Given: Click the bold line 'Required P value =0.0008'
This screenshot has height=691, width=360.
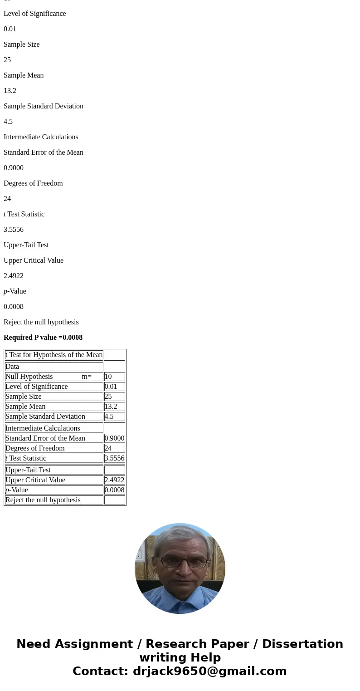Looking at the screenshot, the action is pyautogui.click(x=43, y=338).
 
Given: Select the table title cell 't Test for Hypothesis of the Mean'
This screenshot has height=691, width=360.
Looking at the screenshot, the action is pyautogui.click(x=54, y=355).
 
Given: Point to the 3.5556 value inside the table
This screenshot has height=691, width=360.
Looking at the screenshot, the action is pyautogui.click(x=114, y=458).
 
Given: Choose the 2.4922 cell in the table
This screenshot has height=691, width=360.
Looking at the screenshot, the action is pyautogui.click(x=114, y=480).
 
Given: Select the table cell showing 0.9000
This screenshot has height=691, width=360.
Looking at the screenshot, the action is pyautogui.click(x=114, y=438).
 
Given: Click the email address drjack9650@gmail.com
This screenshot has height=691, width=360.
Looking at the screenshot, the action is pyautogui.click(x=209, y=671).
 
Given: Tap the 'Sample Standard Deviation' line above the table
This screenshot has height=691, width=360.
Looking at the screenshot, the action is pyautogui.click(x=44, y=106).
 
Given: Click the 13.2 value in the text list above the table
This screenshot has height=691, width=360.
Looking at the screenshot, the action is pyautogui.click(x=10, y=91).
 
